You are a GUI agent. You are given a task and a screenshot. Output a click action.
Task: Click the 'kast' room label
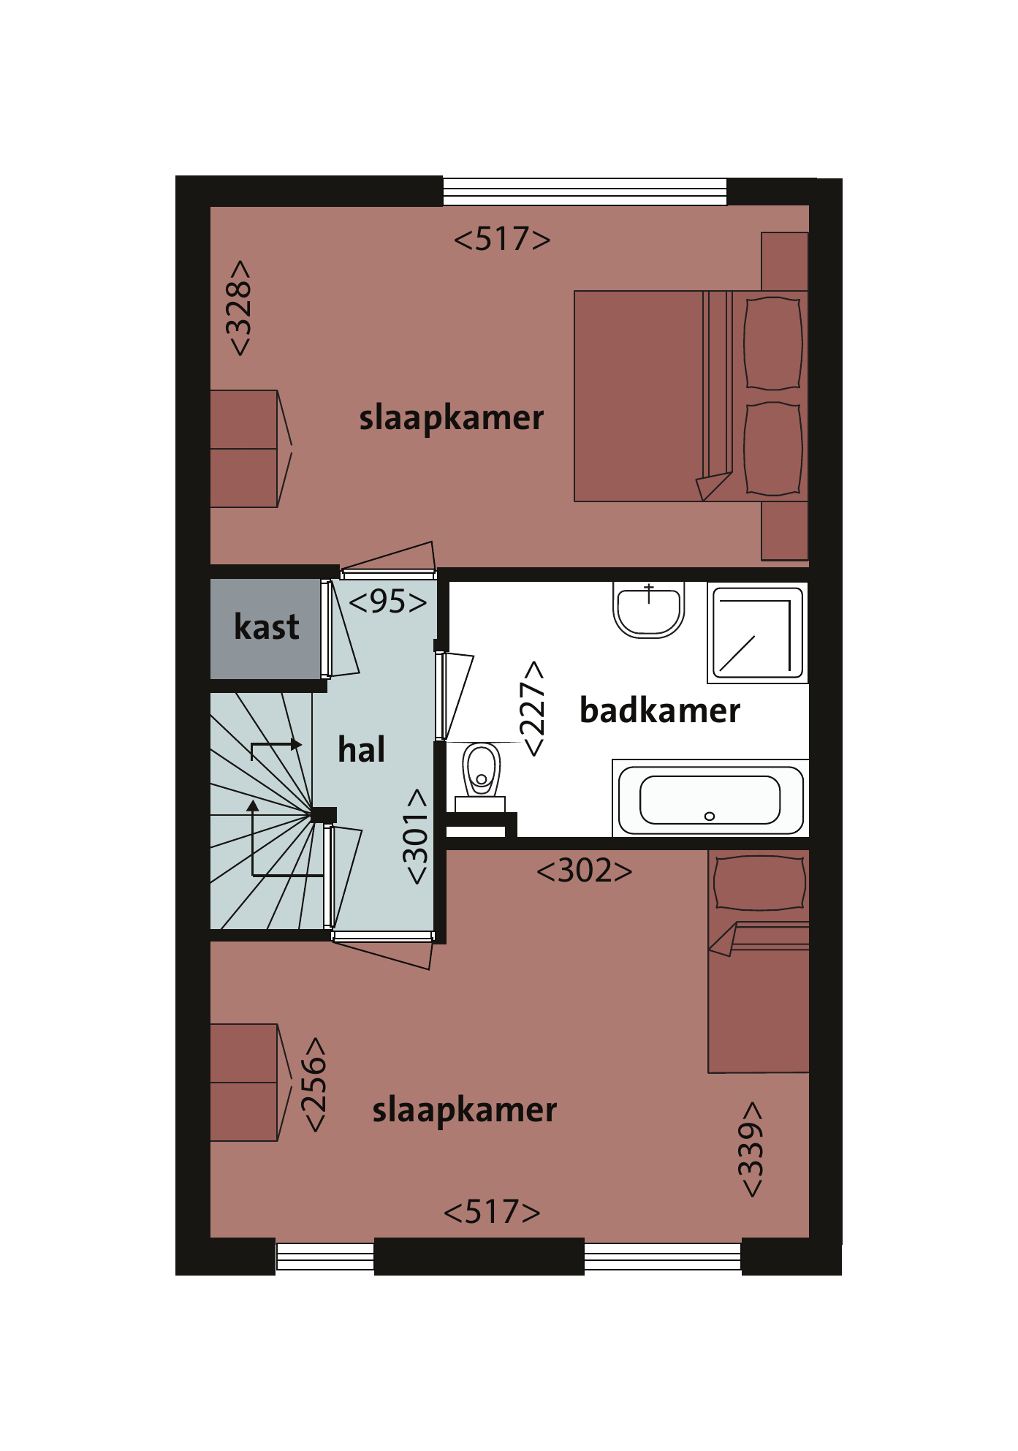[267, 627]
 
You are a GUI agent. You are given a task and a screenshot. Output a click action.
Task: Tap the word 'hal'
[361, 750]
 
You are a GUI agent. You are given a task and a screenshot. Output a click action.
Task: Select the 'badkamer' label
[660, 711]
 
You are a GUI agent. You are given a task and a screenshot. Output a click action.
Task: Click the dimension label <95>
[388, 602]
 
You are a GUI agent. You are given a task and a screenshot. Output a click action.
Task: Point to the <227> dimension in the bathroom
[533, 708]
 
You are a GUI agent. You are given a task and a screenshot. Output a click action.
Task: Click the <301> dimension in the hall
[416, 836]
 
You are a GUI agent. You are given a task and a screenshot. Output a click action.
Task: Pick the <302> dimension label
[585, 871]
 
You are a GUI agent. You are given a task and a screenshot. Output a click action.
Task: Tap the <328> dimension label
[239, 308]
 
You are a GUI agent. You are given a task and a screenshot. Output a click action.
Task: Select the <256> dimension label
[314, 1085]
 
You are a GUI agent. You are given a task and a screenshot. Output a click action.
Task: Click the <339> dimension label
[751, 1150]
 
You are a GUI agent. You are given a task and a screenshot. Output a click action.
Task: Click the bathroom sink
[648, 610]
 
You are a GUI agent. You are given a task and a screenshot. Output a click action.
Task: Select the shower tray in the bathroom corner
[758, 633]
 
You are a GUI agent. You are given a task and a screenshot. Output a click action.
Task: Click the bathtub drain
[709, 817]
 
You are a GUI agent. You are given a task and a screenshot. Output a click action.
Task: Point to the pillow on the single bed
[760, 883]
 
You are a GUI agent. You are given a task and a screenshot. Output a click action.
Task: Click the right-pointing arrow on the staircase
[276, 745]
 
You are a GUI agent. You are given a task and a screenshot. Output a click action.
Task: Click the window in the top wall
[585, 192]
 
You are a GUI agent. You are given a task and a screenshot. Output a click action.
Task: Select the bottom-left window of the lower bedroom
[325, 1257]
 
